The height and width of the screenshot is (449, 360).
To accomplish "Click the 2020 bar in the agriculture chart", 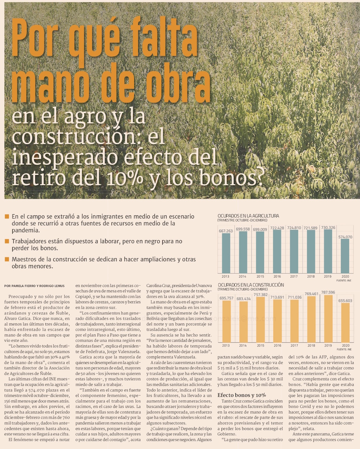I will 345,256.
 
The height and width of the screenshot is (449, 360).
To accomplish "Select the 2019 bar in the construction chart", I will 328,319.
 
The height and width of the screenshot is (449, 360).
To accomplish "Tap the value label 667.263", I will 226,231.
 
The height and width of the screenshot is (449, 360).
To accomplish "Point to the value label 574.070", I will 345,237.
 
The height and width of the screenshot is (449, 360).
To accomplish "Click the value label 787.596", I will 328,292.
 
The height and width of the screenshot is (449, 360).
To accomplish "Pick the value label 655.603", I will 345,301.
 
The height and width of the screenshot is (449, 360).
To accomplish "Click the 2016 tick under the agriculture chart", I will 277,277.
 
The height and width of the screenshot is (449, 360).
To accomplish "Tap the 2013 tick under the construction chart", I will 226,345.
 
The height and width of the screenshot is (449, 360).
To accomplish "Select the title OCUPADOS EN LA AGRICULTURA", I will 248,216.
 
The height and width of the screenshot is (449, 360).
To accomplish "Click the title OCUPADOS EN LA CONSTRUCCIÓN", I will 251,285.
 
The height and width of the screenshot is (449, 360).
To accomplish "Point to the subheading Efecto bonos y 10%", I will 242,395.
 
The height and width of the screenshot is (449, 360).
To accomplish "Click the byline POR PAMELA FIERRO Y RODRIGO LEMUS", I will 35,286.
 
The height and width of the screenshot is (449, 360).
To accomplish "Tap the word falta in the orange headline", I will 163,37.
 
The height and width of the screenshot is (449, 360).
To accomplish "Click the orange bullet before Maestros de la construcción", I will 7,259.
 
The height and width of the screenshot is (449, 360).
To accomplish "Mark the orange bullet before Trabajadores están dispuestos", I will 7,241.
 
